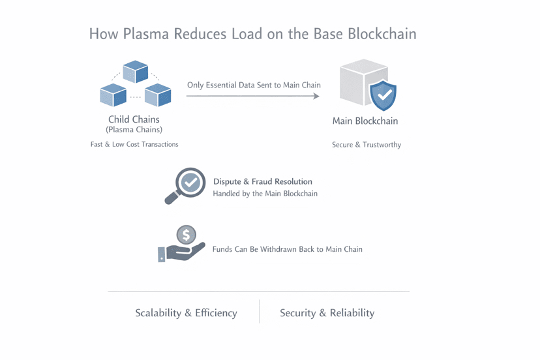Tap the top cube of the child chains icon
point(136,71)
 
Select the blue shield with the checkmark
point(383,95)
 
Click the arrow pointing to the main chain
point(253,97)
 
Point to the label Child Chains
point(134,119)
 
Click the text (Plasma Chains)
point(134,130)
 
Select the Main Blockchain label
point(365,121)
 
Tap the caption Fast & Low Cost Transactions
point(134,144)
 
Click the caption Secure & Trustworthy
point(366,145)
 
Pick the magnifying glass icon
point(185,185)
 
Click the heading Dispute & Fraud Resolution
point(263,181)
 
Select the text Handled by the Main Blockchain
point(265,194)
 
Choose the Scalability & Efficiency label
point(186,313)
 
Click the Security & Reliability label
point(327,313)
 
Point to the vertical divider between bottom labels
point(260,312)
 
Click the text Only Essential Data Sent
point(254,85)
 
